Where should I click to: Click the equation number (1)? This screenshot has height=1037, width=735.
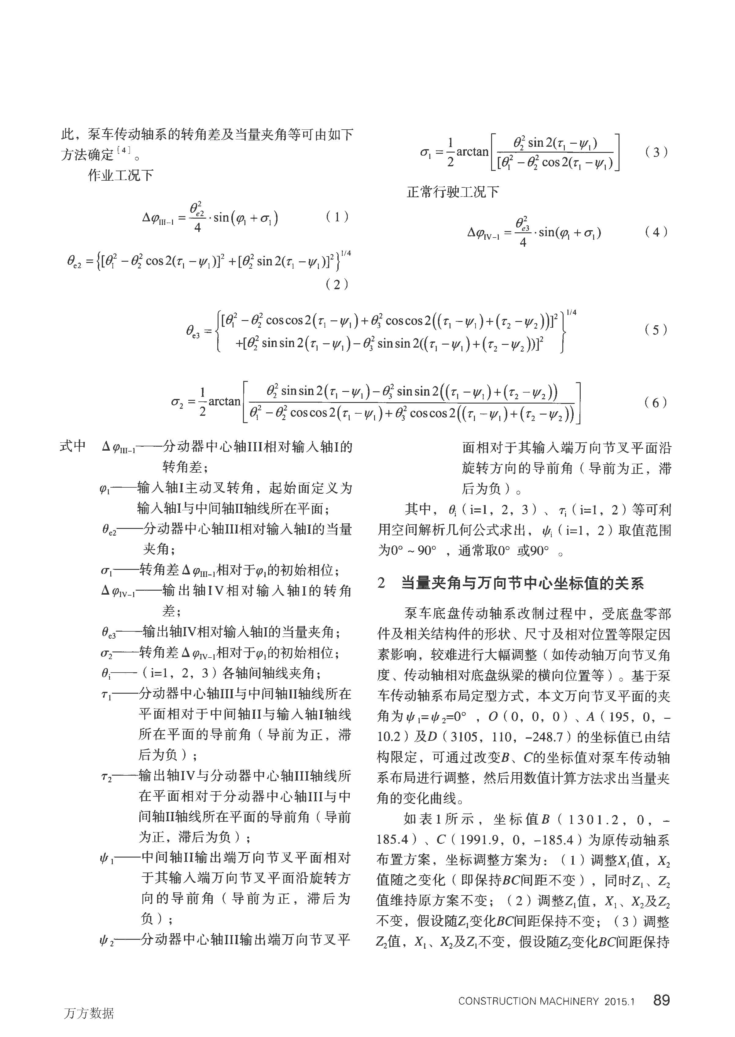337,217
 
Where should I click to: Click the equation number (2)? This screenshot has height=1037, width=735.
337,284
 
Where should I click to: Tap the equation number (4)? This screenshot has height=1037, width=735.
656,232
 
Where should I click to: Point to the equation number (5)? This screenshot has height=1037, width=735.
656,330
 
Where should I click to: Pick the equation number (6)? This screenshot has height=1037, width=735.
656,402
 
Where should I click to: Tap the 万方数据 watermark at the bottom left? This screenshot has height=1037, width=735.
89,1013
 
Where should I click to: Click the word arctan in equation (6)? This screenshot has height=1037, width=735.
225,401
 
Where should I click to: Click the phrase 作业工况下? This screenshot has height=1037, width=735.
120,175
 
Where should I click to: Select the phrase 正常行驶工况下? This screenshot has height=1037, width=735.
453,192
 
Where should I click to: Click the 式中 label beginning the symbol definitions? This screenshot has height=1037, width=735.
73,446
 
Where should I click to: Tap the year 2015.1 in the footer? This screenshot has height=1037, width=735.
619,1001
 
